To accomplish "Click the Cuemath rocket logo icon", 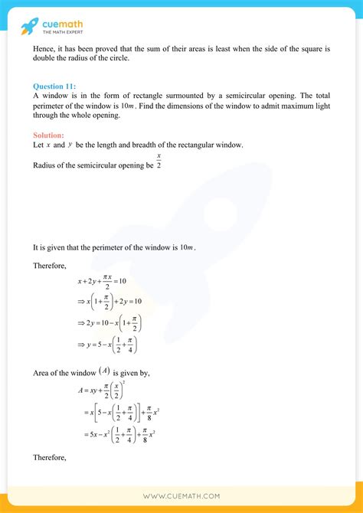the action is pyautogui.click(x=30, y=27).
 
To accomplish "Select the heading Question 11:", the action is pyautogui.click(x=54, y=86).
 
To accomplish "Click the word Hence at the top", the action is pyautogui.click(x=44, y=50).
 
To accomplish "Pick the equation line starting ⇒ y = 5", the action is pyautogui.click(x=108, y=347).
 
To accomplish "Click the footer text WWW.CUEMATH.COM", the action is pyautogui.click(x=181, y=496).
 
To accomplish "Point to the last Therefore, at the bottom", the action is pyautogui.click(x=50, y=459).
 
